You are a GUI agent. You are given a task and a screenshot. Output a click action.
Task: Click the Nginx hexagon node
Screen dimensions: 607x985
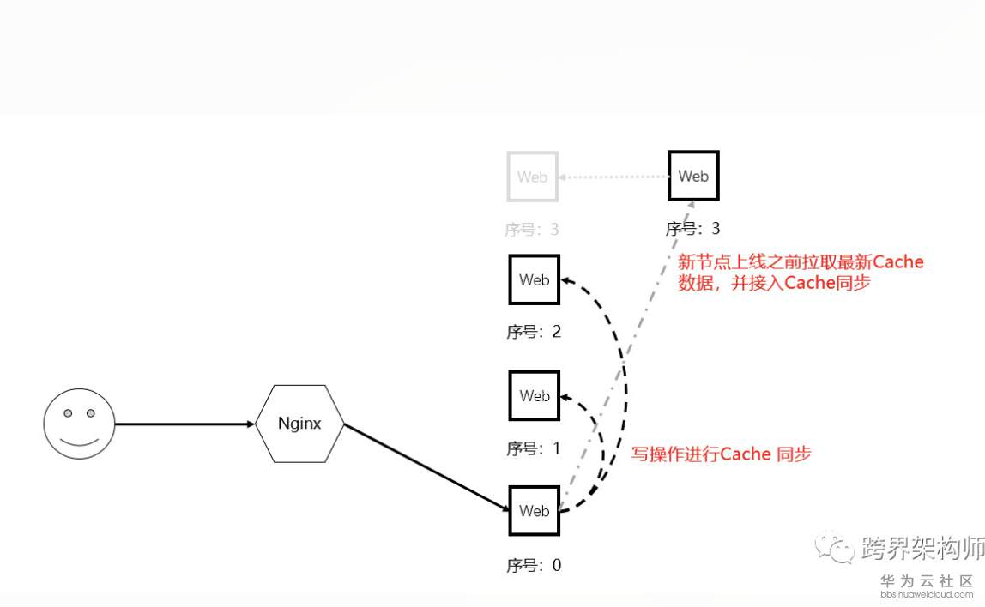(x=299, y=424)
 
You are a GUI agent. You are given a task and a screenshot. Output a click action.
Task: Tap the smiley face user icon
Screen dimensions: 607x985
(x=79, y=424)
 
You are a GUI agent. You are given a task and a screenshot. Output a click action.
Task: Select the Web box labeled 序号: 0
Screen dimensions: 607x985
(x=534, y=511)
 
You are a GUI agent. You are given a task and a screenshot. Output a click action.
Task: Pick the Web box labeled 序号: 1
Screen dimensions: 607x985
(x=534, y=395)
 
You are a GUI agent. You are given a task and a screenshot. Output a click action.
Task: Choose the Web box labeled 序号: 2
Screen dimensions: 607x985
(x=534, y=279)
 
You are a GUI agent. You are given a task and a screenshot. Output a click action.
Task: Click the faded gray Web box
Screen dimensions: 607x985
(x=532, y=177)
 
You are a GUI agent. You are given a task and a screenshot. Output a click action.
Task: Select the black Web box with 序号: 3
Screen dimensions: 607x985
(x=693, y=176)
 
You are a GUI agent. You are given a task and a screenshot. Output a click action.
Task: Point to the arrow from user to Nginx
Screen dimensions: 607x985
(x=184, y=424)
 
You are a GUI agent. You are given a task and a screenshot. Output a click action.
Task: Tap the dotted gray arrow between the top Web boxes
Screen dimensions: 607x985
(x=613, y=177)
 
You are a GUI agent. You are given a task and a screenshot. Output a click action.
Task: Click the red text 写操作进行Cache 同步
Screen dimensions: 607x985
(x=721, y=454)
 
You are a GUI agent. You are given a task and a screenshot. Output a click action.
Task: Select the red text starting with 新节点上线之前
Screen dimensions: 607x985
(x=800, y=272)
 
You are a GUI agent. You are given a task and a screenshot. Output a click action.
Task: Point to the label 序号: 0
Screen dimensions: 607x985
(x=534, y=565)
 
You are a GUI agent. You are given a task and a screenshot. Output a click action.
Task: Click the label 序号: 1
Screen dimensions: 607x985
(x=534, y=448)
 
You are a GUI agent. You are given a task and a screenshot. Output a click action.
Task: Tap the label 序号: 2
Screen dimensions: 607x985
(x=534, y=332)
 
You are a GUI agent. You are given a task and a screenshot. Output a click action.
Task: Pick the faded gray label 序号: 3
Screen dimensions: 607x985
(x=532, y=230)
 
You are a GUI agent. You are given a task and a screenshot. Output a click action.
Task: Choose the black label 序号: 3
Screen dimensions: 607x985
(x=692, y=229)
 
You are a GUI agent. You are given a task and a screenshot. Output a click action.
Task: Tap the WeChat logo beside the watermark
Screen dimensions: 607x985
(x=833, y=547)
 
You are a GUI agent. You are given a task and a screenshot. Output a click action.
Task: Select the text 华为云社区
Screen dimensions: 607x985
(x=927, y=580)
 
